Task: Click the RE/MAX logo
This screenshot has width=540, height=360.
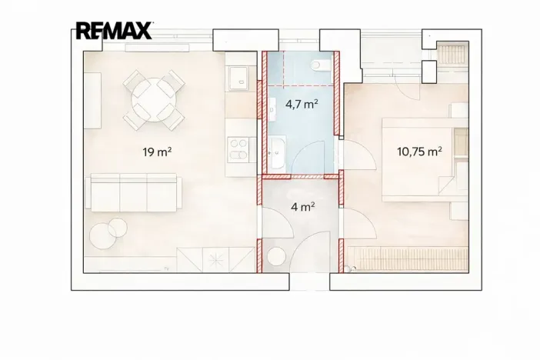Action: (114, 31)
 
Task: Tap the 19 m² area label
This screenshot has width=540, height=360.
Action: (158, 152)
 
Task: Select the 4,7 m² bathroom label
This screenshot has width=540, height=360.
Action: (302, 104)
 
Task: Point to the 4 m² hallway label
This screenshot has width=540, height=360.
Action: (303, 207)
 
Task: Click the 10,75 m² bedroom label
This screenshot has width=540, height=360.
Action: (419, 152)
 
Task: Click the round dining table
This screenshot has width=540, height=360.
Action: (154, 100)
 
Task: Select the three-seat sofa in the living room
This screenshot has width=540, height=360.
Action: (134, 192)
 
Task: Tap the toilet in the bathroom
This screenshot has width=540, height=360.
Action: (320, 65)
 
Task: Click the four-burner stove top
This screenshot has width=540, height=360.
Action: (238, 149)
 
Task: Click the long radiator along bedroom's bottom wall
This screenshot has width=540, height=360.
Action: (408, 259)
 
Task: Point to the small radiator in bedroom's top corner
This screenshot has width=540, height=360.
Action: (452, 54)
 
